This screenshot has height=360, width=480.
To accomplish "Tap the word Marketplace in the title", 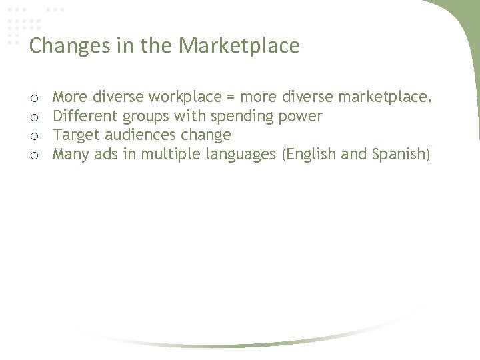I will tap(241, 46).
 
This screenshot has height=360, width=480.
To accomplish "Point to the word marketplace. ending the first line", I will tap(385, 98).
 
